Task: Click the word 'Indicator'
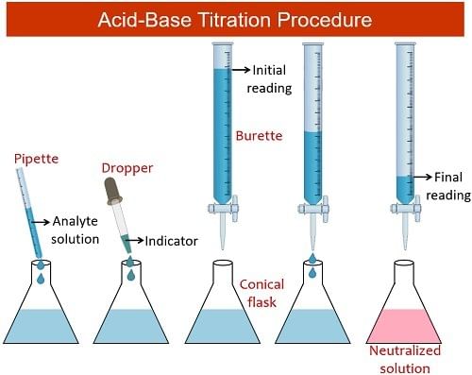pyautogui.click(x=171, y=241)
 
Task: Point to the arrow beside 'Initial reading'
pyautogui.click(x=240, y=68)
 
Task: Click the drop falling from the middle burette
pyautogui.click(x=312, y=272)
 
